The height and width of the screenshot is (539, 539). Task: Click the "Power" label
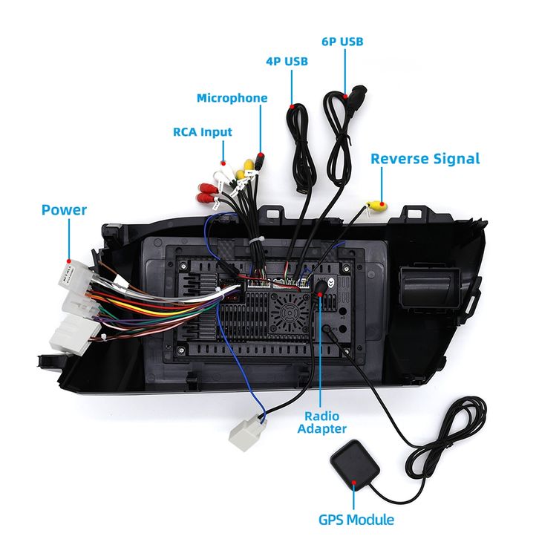(x=64, y=210)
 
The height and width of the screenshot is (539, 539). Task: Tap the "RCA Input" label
(x=202, y=132)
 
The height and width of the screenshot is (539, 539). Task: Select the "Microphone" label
(x=232, y=98)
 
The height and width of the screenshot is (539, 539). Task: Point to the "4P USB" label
(x=287, y=62)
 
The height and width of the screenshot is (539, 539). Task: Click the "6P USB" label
(x=342, y=42)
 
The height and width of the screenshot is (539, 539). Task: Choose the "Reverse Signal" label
(x=425, y=158)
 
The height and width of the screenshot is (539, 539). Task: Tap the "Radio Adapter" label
(x=321, y=422)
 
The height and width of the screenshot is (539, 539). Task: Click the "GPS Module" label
(x=356, y=520)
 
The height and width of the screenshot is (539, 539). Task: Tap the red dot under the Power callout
(x=68, y=261)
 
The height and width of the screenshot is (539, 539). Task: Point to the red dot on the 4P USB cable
(x=293, y=107)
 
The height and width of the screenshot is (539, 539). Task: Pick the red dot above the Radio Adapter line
(x=320, y=295)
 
